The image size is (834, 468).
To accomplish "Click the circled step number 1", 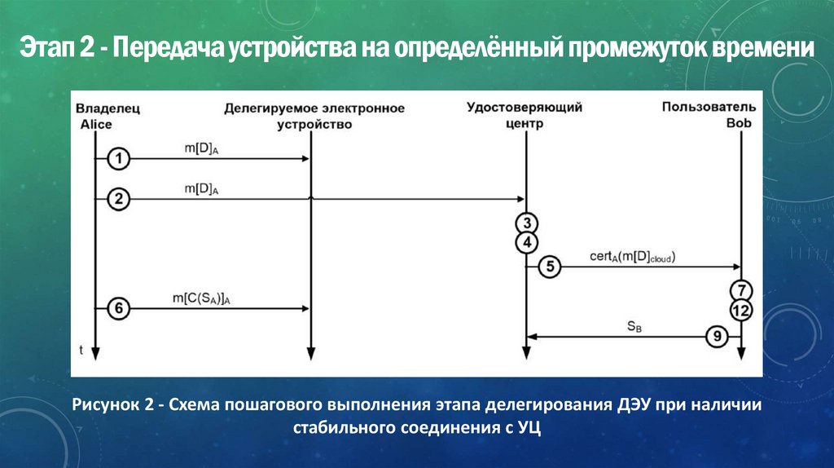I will point(119,159).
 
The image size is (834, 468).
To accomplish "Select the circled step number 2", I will point(119,198).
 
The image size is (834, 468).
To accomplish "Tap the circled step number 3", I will point(527,223).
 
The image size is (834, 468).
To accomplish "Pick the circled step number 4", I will point(527,242).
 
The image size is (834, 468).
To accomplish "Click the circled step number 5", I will point(550,267).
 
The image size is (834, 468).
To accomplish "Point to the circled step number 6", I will point(119,308).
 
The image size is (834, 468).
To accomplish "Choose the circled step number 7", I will point(740,290).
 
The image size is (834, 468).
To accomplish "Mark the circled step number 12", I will point(740,311).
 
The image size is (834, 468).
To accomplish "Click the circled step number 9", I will point(717,336).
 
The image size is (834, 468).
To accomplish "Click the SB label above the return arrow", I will point(634,326).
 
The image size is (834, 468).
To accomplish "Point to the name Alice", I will point(96,124).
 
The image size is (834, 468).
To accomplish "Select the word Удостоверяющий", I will point(525,108).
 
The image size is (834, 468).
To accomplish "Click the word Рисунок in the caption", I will point(106,404).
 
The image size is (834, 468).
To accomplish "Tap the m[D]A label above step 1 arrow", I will point(202,148).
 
